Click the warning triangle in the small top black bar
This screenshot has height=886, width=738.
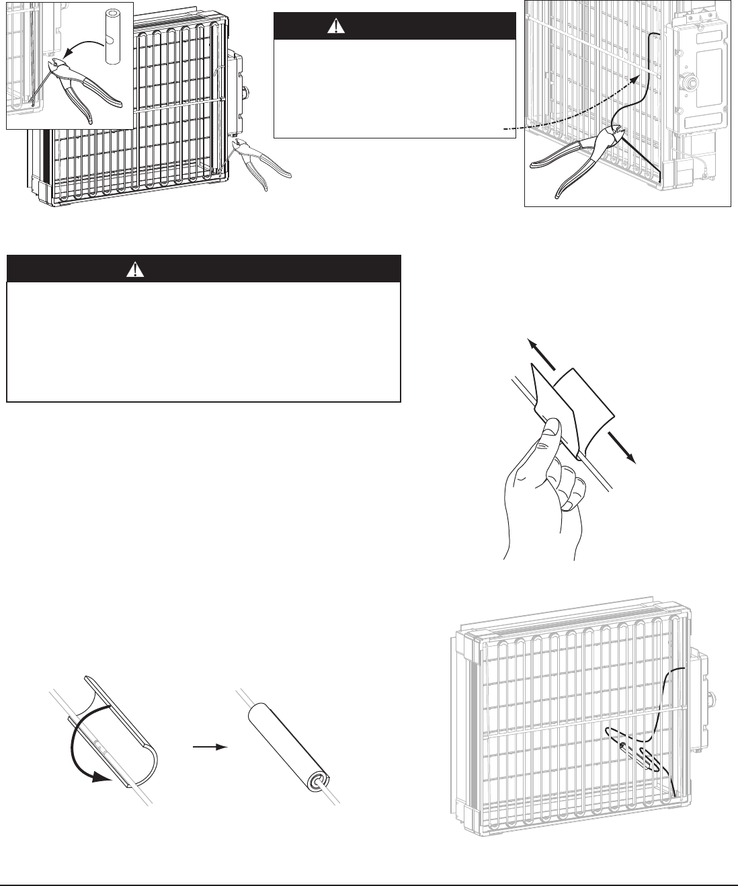click(x=335, y=27)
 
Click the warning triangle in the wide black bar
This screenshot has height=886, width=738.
click(x=137, y=269)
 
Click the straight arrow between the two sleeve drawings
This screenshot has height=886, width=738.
click(x=209, y=746)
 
